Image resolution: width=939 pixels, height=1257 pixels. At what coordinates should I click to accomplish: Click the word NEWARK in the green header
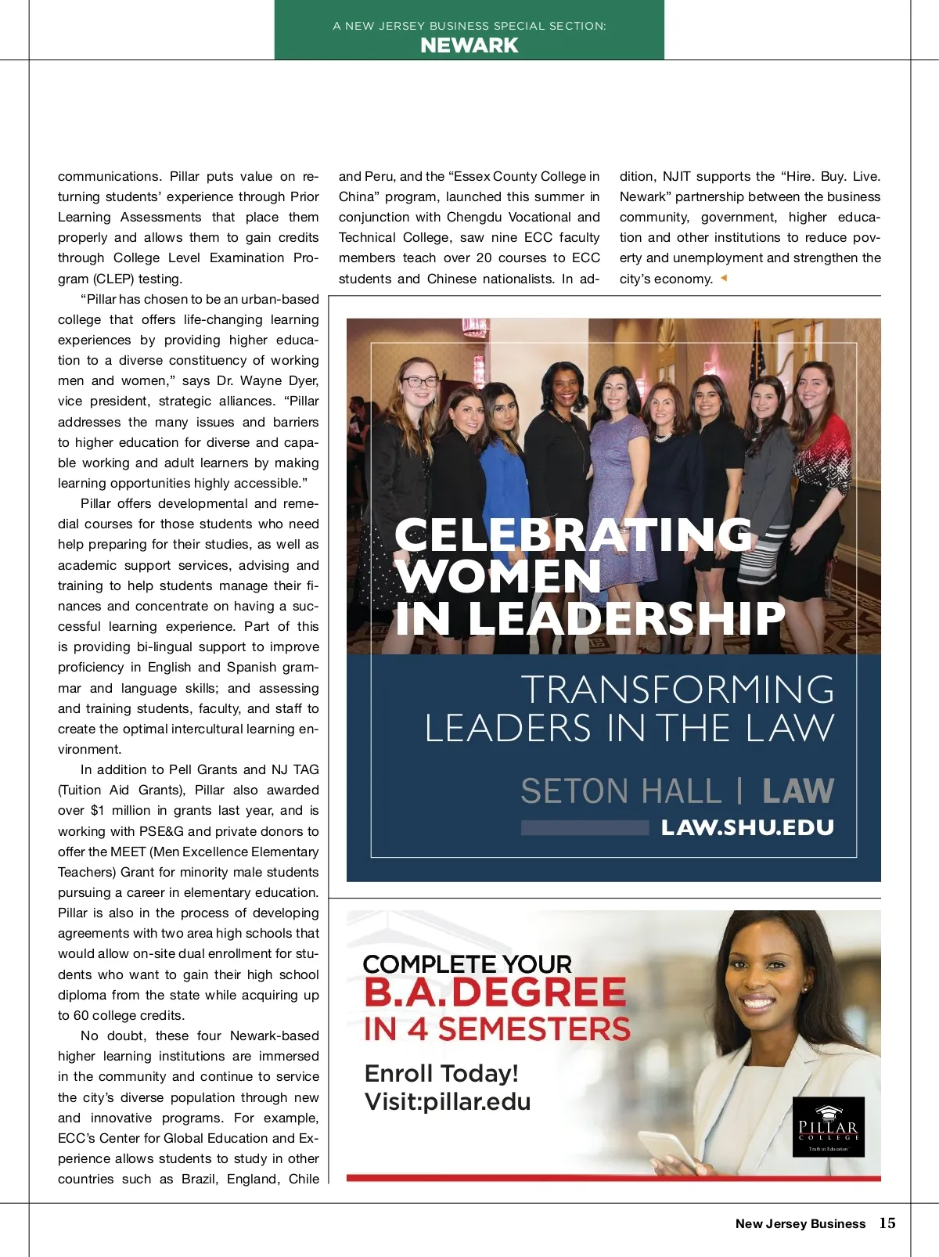pos(469,45)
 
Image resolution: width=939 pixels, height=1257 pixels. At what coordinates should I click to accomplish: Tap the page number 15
pos(887,1223)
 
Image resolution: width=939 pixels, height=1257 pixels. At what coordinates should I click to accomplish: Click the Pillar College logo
pos(829,1126)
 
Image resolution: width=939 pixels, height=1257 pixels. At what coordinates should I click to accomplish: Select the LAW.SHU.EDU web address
pos(747,827)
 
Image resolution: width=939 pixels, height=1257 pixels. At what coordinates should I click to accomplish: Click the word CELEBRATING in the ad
pos(574,535)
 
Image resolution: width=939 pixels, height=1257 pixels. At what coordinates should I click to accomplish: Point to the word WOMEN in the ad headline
pos(498,576)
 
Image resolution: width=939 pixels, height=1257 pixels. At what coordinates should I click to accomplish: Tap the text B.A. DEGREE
pos(495,992)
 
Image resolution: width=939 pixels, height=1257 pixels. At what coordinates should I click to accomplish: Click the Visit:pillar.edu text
pos(448,1101)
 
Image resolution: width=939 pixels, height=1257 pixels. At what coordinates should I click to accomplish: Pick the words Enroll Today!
pos(441,1073)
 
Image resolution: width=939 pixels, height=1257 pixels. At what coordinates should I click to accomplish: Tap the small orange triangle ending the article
pos(724,278)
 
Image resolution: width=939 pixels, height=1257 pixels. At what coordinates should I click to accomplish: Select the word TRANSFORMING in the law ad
pos(678,690)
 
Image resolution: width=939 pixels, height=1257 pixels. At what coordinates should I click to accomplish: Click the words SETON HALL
pos(621,791)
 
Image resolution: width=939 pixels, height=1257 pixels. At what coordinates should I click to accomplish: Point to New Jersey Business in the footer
pos(800,1223)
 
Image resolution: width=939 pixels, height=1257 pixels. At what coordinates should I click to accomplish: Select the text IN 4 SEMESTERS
pos(497,1029)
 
